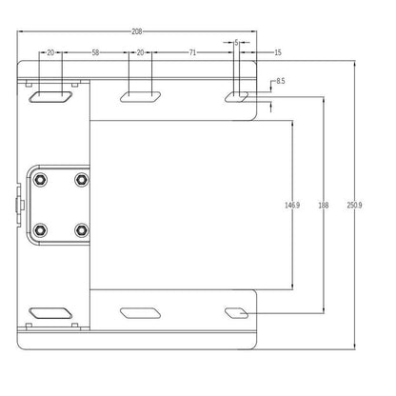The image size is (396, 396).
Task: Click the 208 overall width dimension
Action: coord(137,31)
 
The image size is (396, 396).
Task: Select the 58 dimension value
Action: coord(95,52)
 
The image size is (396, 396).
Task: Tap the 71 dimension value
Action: coord(192,52)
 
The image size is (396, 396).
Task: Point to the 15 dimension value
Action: coord(278,52)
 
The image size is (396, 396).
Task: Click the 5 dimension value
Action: coord(236,42)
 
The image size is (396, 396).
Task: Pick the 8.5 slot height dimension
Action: coord(281,81)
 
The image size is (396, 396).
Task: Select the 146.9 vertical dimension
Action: coord(292,206)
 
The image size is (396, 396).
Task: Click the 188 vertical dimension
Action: coord(324,206)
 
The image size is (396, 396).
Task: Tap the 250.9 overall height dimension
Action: coord(354,206)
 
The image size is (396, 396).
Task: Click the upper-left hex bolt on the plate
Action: coord(40,180)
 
